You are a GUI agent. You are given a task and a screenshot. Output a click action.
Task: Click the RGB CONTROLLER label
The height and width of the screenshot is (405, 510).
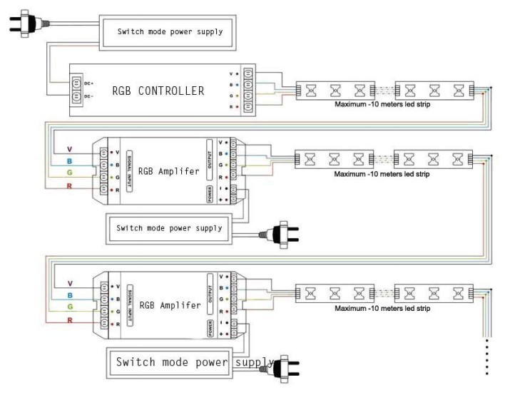pos(158,91)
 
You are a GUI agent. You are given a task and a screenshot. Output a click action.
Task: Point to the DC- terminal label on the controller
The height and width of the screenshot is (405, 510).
pos(89,96)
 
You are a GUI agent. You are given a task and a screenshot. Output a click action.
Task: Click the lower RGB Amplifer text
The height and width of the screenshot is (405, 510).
pos(170,305)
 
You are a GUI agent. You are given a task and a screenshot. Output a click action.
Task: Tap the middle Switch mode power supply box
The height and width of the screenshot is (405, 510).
pos(169,229)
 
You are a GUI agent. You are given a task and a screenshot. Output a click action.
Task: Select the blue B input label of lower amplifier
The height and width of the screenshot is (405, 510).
pos(69,294)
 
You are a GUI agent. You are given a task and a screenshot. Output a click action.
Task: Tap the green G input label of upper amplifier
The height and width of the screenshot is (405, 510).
pos(69,174)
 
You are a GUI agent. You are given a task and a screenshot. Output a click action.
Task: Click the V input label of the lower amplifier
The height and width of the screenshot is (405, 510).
pos(69,282)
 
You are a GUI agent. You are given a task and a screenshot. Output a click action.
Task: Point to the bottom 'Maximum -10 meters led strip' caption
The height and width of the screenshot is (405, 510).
pos(382,308)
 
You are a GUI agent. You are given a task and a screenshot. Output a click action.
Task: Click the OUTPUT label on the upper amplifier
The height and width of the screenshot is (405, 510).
pos(210,159)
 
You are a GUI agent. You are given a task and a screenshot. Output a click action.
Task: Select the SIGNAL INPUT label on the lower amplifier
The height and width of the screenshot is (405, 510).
pos(129,302)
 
